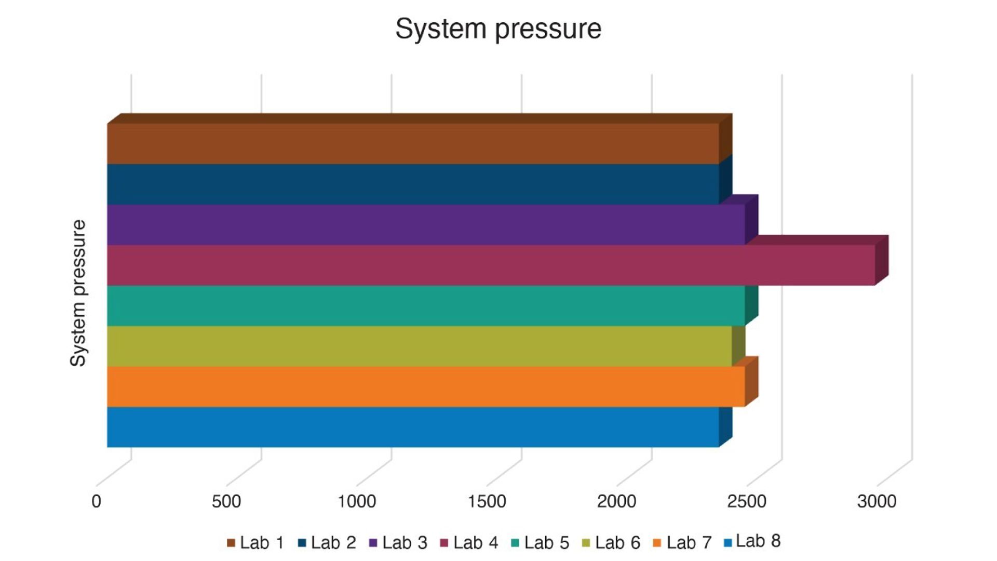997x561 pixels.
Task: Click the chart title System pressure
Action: (498, 29)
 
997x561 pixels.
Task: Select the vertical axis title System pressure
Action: (78, 293)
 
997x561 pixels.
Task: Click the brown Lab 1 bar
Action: (413, 143)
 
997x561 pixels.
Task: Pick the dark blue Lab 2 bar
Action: (413, 184)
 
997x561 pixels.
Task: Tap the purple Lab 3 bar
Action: (426, 224)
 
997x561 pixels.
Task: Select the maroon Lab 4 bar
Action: (491, 265)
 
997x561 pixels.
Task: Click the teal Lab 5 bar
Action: (426, 305)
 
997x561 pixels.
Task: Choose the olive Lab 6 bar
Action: (420, 346)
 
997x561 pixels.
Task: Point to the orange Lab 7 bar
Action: (426, 386)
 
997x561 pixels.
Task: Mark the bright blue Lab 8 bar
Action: (413, 427)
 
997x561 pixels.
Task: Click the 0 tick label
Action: (96, 501)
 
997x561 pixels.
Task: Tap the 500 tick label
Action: (226, 501)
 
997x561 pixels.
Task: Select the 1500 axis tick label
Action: (487, 501)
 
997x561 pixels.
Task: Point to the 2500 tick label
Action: (747, 501)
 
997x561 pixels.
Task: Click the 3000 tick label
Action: (877, 501)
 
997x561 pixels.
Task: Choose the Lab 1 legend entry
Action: (255, 543)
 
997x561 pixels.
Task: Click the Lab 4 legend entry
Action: (469, 543)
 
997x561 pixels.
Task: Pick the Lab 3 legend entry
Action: (398, 543)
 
